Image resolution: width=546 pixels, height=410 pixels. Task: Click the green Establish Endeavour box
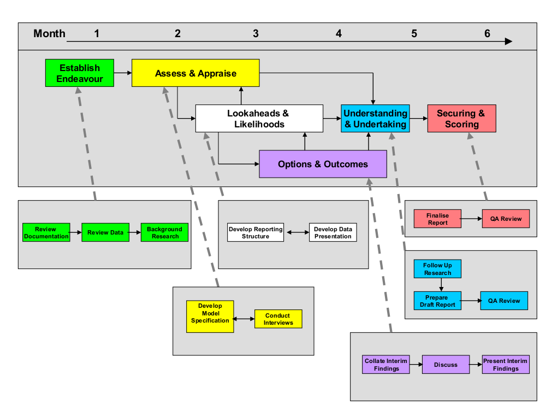point(80,73)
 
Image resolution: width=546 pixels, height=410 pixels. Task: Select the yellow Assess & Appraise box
point(195,73)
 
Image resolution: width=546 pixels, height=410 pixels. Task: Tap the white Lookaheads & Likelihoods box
point(259,119)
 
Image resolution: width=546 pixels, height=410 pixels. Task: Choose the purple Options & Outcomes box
point(323,164)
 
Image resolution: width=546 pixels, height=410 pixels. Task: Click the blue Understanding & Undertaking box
point(375,119)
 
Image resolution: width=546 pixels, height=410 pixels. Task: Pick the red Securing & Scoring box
point(462,119)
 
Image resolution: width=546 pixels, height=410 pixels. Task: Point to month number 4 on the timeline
point(339,33)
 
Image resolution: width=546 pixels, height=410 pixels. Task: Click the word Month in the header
point(49,33)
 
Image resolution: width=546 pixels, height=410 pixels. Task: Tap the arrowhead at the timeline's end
point(509,41)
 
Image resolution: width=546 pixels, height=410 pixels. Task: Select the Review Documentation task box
point(46,232)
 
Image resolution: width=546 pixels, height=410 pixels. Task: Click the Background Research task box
point(165,232)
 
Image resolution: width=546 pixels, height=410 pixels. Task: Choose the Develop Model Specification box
point(210,317)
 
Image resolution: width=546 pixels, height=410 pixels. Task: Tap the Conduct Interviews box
point(278,319)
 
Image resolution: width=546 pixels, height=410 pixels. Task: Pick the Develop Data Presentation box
point(333,232)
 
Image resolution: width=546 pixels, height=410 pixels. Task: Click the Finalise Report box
point(437,219)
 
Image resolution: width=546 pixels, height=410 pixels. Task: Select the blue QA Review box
point(504,301)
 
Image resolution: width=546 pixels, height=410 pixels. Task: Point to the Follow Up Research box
point(437,269)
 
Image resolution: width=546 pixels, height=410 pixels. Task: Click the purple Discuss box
point(446,365)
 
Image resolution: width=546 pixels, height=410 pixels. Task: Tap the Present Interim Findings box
point(506,365)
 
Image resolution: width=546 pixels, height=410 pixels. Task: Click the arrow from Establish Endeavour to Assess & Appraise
point(123,73)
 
